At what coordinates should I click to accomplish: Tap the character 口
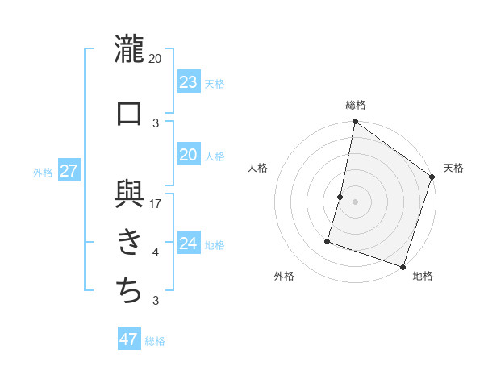coord(129,114)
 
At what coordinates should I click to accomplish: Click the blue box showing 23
coord(188,82)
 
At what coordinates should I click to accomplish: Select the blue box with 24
coord(188,244)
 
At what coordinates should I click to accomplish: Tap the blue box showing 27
coord(69,171)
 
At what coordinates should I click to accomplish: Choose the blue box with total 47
coord(128,339)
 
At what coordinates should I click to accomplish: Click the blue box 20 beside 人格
coord(188,155)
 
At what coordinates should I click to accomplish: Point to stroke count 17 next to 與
coord(156,203)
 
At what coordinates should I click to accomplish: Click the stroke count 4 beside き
coord(156,252)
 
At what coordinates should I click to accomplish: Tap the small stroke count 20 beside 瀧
coord(156,59)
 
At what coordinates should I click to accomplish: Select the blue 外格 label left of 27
coord(43,172)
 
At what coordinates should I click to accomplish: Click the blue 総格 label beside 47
coord(155,341)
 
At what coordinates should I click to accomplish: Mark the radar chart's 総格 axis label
coord(355,105)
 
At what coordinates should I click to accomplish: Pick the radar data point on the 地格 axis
coord(402,266)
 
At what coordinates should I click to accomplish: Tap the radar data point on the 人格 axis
coord(340,197)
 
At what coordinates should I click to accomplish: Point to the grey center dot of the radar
coord(355,202)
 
